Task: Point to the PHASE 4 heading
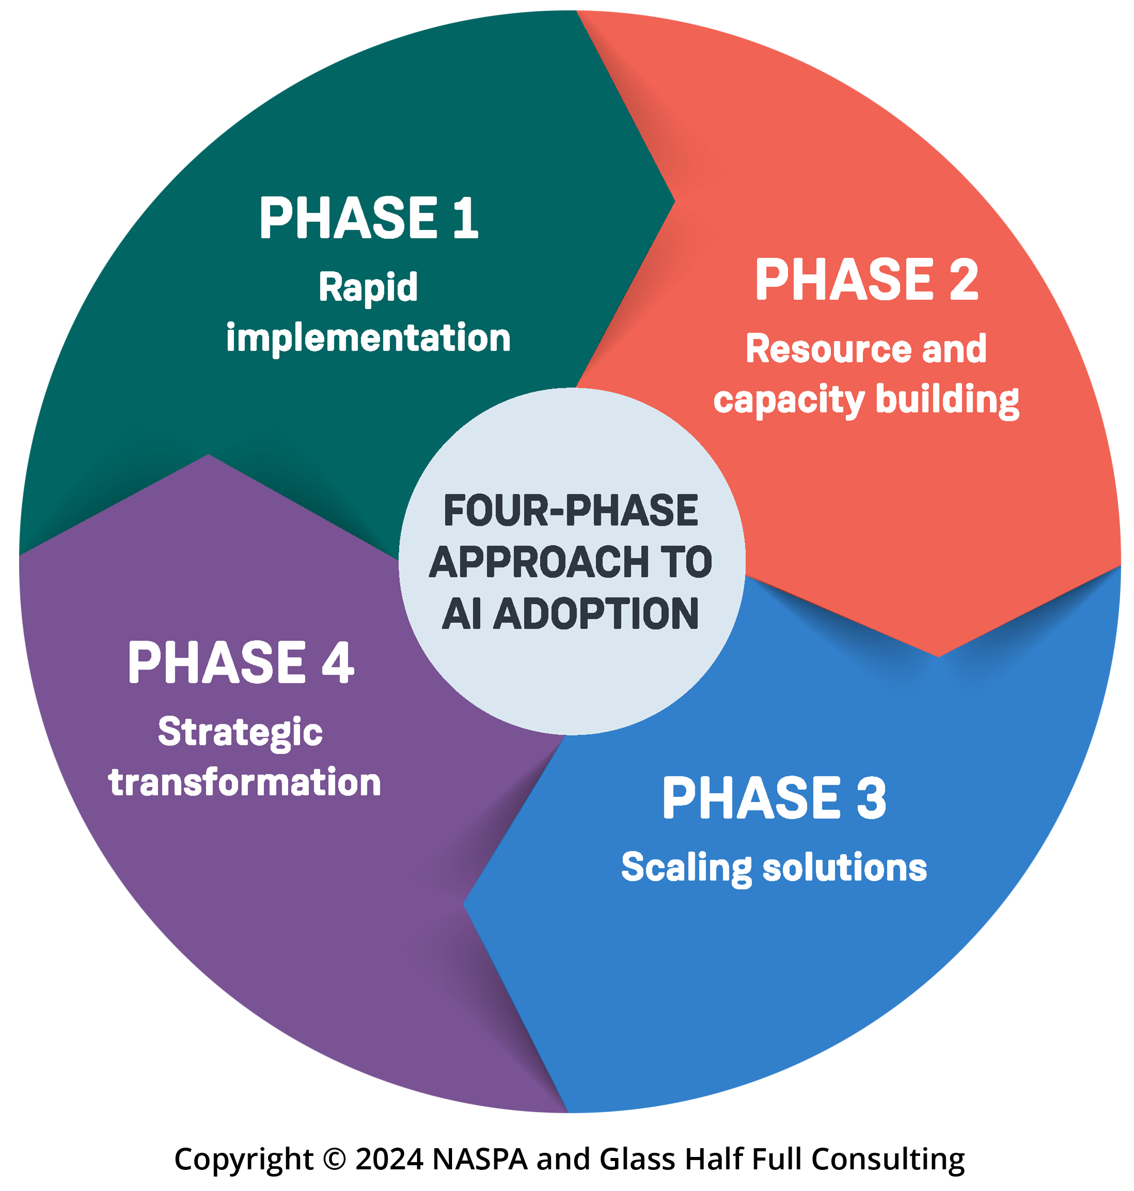[241, 663]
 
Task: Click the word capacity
[788, 400]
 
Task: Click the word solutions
[844, 868]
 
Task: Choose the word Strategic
[240, 732]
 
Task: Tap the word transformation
[244, 782]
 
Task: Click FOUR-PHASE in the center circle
[571, 511]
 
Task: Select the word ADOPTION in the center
[596, 614]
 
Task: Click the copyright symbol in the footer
[335, 1159]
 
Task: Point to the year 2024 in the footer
[389, 1159]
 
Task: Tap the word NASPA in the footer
[480, 1159]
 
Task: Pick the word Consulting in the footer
[888, 1159]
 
